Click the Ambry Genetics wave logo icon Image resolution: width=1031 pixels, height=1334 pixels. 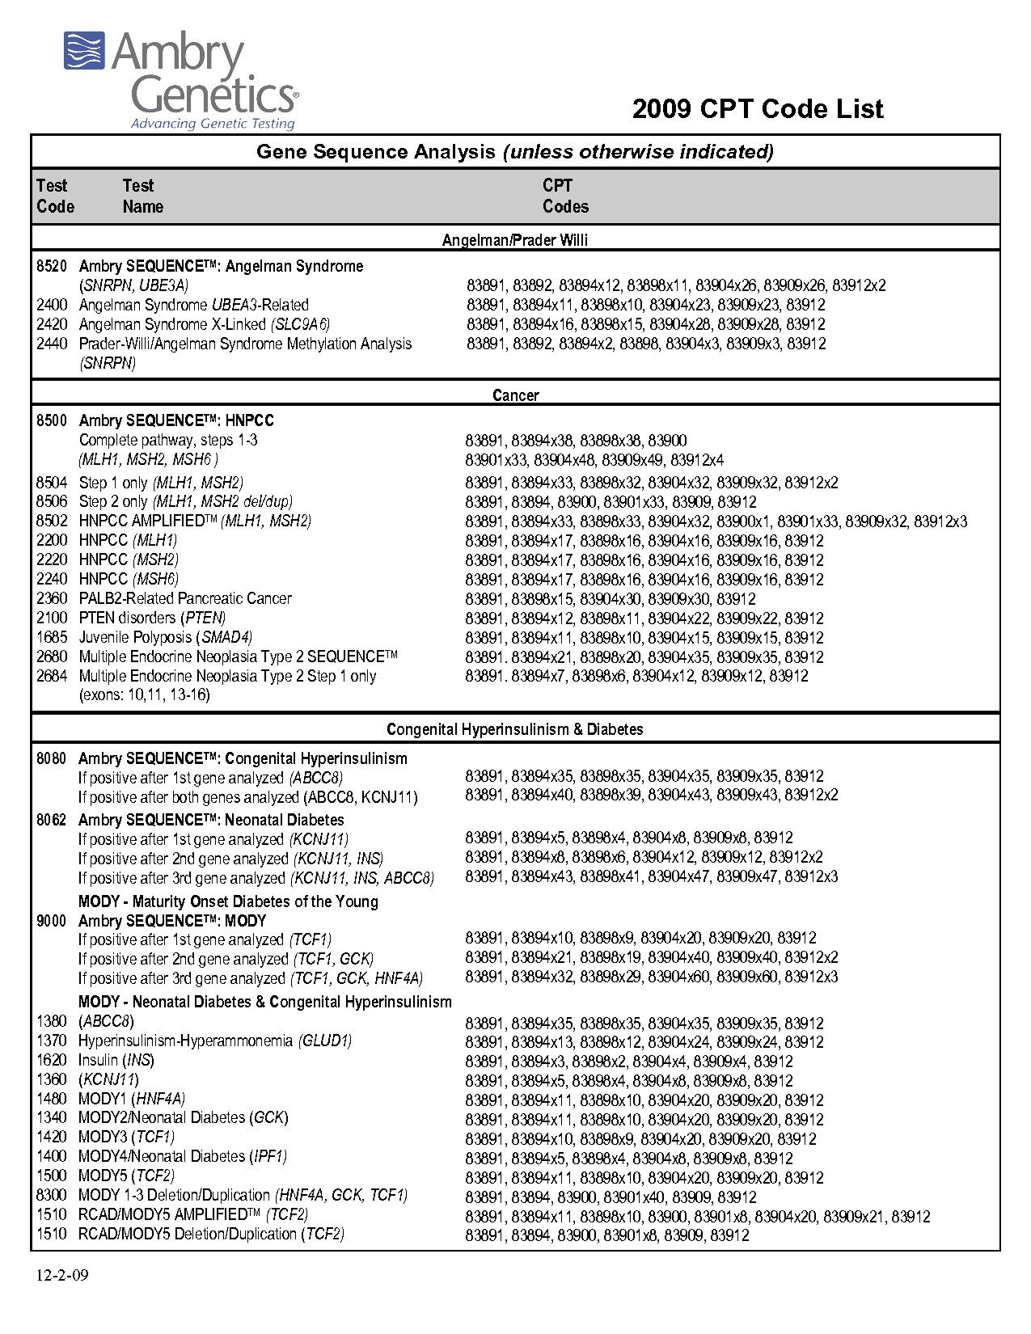point(85,51)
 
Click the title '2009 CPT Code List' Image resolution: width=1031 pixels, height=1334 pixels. point(757,109)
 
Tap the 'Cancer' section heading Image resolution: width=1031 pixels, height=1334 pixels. point(515,395)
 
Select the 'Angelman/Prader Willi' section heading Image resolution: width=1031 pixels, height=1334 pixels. point(515,240)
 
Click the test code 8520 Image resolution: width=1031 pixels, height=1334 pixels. point(52,266)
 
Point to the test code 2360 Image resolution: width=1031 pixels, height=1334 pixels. point(52,598)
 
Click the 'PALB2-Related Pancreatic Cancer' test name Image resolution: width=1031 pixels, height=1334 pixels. point(184,598)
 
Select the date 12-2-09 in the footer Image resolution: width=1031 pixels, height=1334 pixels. point(62,1277)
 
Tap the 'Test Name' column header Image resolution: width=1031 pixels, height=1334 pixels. point(142,196)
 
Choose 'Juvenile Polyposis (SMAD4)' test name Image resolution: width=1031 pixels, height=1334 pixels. point(165,637)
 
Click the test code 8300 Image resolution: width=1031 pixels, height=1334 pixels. point(52,1195)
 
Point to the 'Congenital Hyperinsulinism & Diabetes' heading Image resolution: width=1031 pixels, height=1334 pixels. point(515,729)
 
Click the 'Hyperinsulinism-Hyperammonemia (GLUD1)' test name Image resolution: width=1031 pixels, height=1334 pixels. point(214,1041)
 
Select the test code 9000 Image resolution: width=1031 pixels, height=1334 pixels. point(52,921)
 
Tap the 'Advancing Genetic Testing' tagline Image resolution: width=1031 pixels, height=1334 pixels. point(213,124)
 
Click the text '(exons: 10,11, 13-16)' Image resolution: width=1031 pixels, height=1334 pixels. point(144,695)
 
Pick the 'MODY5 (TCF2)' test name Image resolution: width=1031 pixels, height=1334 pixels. point(126,1176)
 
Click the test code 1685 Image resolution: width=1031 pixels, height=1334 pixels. point(52,637)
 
